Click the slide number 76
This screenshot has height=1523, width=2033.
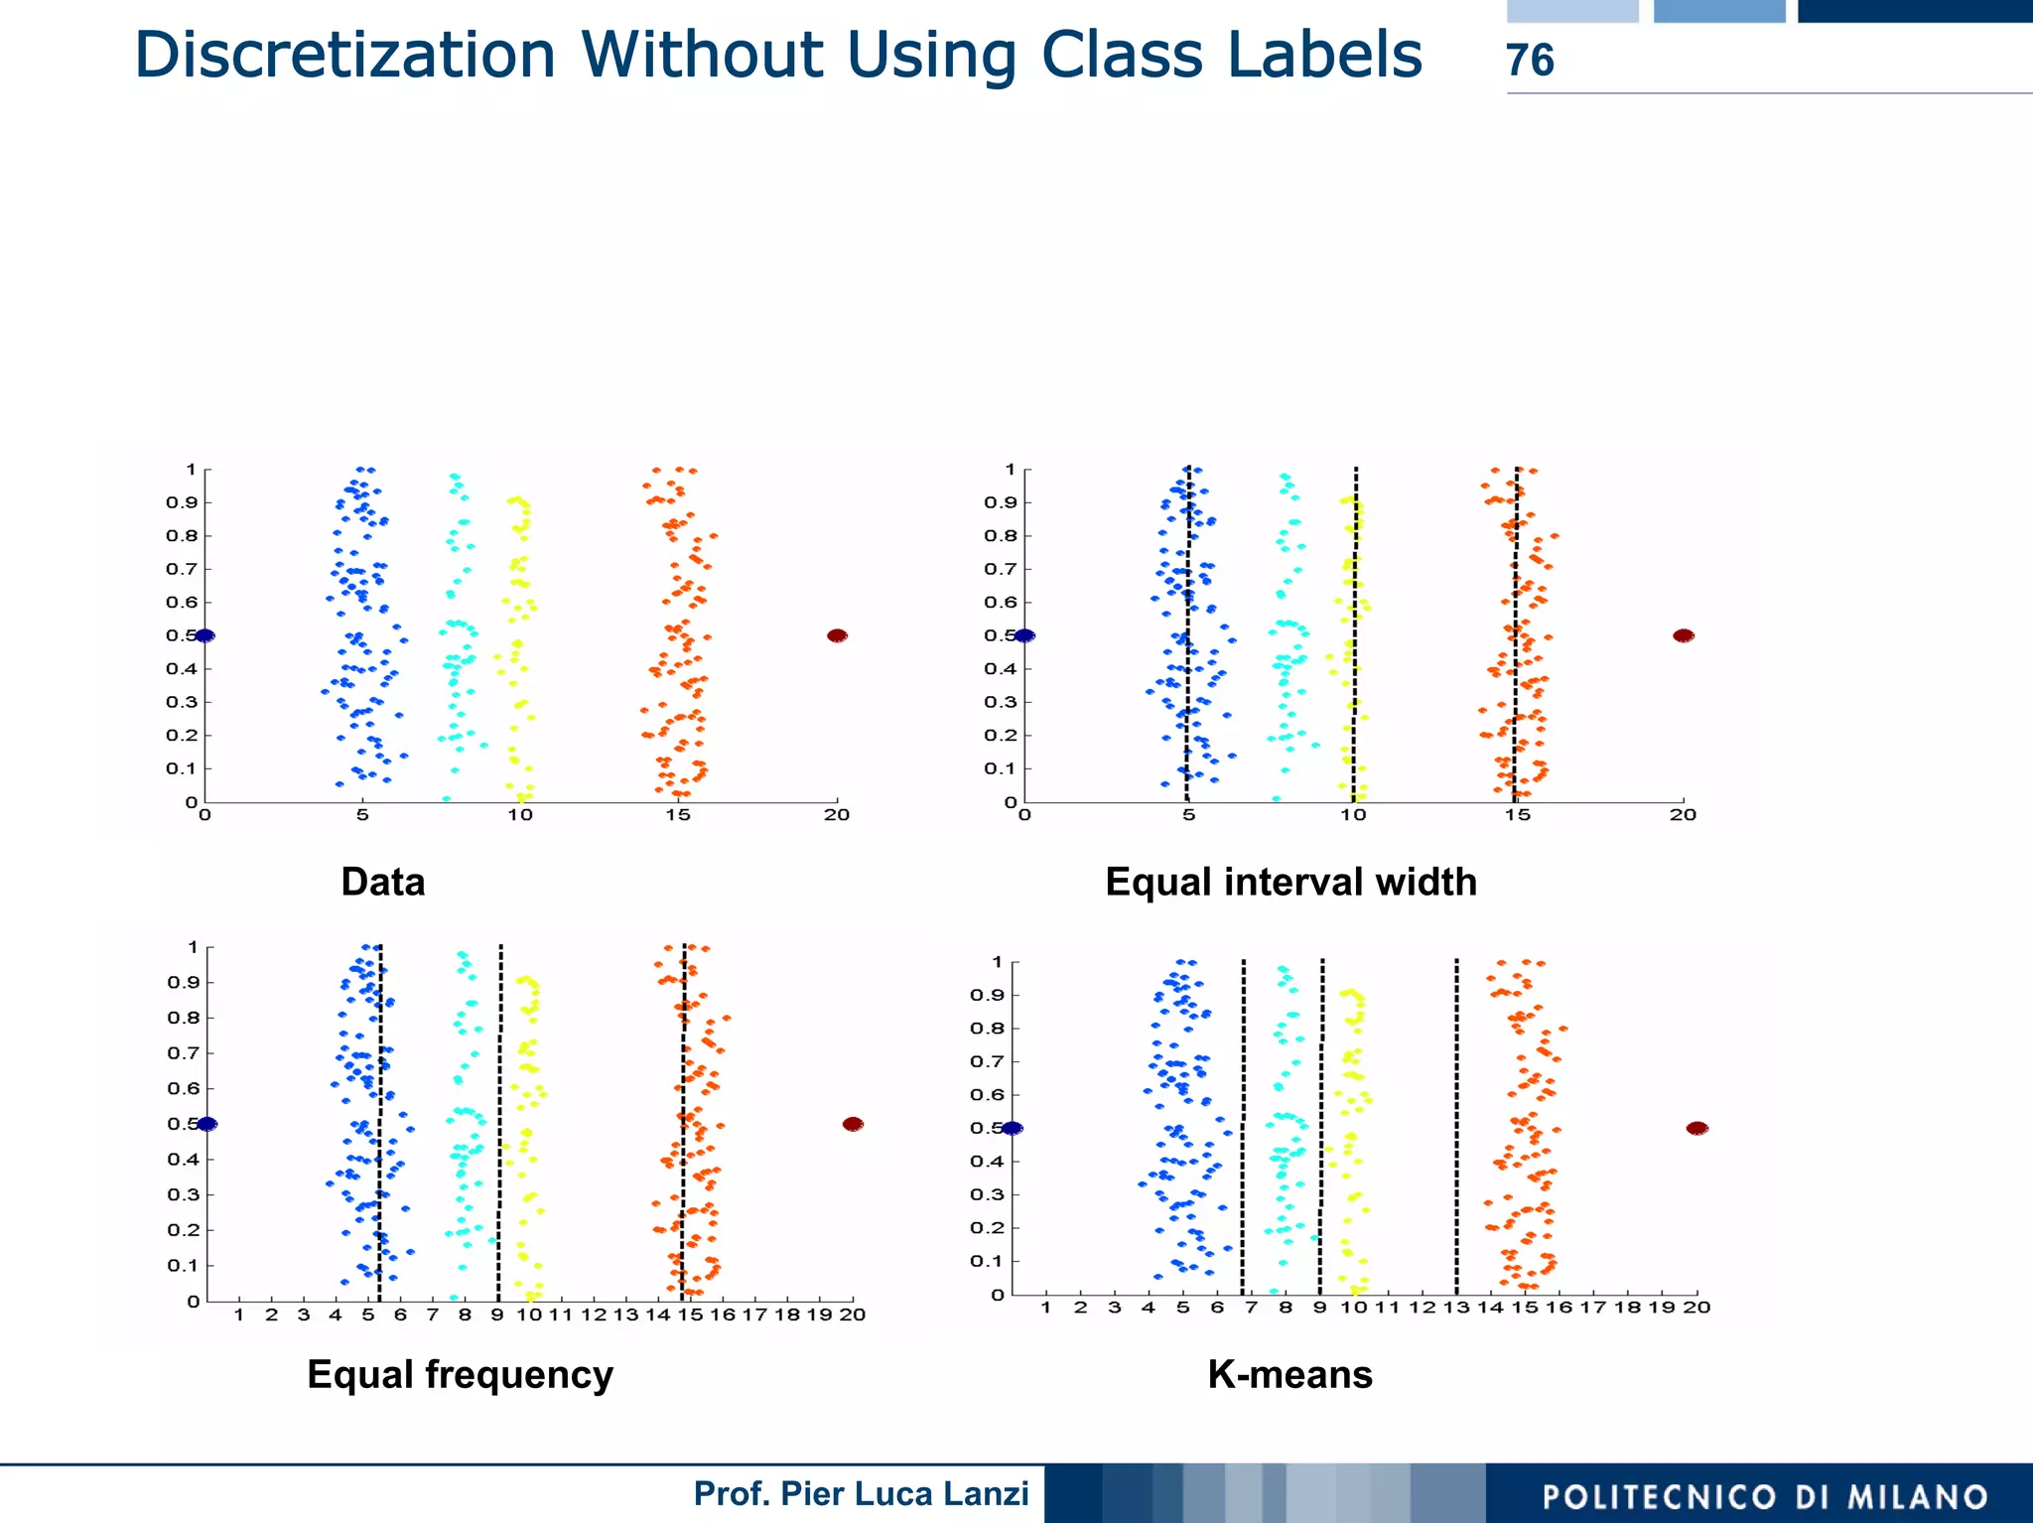point(1530,61)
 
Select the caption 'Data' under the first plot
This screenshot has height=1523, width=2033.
point(382,882)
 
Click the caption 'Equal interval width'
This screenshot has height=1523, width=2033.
point(1290,882)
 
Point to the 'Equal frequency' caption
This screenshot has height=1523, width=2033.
point(460,1374)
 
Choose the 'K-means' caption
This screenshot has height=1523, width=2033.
point(1289,1374)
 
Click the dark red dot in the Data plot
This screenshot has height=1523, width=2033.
point(837,635)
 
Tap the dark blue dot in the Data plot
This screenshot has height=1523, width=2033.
point(204,635)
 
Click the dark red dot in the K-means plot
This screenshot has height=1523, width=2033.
point(1697,1128)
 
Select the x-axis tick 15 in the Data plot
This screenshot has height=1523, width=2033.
point(678,815)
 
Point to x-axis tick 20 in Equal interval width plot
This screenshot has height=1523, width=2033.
point(1683,815)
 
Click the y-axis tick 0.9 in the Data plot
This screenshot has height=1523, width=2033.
point(182,502)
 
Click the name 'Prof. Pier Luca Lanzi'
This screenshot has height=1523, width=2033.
point(861,1493)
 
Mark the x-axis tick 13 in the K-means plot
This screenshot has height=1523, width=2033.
point(1456,1308)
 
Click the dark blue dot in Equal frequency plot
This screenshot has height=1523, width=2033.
point(206,1124)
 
